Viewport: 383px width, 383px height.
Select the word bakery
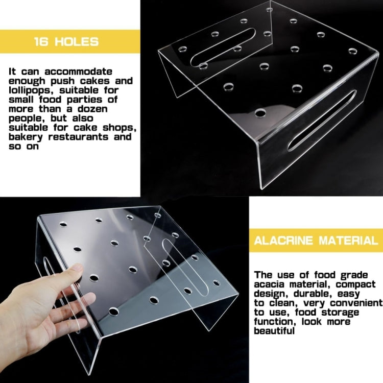[x=26, y=137]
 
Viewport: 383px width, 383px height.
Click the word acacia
[x=271, y=283]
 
